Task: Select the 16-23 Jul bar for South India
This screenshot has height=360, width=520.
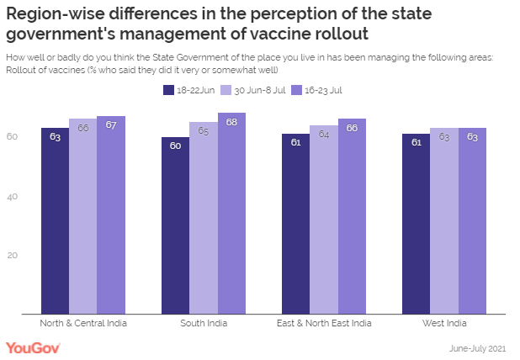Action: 231,214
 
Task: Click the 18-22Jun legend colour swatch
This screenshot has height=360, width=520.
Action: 169,89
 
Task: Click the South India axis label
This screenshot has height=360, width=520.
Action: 204,323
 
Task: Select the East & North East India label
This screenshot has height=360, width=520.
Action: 323,323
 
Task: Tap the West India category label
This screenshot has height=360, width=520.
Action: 443,323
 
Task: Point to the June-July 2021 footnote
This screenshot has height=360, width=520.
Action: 475,347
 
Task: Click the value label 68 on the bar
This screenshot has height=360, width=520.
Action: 231,123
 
